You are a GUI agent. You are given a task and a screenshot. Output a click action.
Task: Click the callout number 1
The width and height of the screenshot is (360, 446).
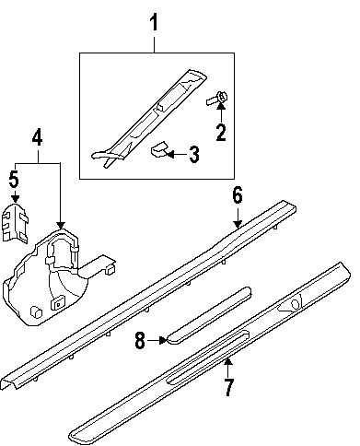coord(154,22)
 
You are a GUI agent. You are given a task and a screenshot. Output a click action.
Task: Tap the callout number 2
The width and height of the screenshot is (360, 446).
coord(221,132)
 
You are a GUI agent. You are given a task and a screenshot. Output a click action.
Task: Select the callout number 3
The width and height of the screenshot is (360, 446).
coord(194,155)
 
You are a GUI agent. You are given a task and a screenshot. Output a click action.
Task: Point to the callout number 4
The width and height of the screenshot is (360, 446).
coord(38,137)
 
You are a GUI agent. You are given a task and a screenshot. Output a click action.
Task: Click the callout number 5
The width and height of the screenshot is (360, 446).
coord(14,180)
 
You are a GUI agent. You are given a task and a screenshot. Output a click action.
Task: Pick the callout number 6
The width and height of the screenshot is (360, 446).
coord(238,195)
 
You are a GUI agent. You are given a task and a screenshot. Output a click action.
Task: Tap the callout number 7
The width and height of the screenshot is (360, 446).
coord(228,387)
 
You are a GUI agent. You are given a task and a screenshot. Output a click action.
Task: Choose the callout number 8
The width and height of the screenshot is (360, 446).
coord(140,340)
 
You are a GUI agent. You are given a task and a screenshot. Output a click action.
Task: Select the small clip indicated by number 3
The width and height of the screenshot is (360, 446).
coord(159,149)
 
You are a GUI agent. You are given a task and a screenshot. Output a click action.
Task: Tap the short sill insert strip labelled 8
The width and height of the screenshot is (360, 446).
coord(209,315)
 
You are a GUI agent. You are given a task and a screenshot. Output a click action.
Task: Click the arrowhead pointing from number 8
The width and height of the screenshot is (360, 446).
coord(163,340)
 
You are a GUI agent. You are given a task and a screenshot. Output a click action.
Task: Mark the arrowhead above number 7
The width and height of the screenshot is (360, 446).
coord(228,362)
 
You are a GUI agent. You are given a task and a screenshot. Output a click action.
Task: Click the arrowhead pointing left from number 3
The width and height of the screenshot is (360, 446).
coord(169,154)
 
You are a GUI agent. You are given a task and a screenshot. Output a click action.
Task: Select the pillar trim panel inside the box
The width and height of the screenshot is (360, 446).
coord(150,118)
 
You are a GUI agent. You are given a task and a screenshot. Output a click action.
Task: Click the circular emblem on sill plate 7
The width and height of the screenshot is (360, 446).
coord(296,303)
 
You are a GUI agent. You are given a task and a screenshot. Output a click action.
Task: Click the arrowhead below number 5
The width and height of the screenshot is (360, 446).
coord(15,198)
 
